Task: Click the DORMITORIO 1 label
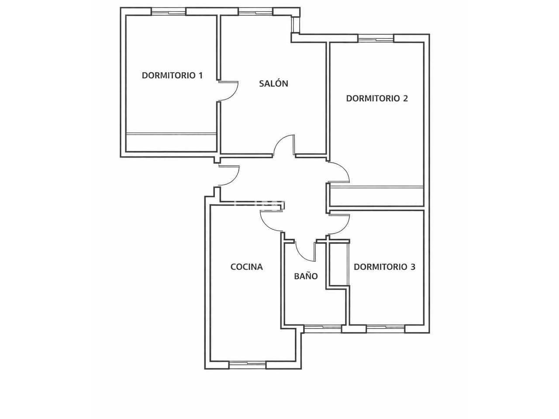(172, 76)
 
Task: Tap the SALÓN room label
(273, 83)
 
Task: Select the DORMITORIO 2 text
(377, 99)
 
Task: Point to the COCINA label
(246, 267)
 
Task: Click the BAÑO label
(306, 276)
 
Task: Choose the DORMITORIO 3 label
(385, 267)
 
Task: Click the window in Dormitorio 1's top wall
(169, 12)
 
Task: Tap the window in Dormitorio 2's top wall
(376, 38)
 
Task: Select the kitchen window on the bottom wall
(248, 365)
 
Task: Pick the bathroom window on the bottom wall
(323, 329)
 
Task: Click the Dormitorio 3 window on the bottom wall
(386, 329)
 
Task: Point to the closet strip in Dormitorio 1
(171, 142)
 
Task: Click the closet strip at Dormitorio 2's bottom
(376, 196)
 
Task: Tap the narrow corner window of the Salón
(296, 24)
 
